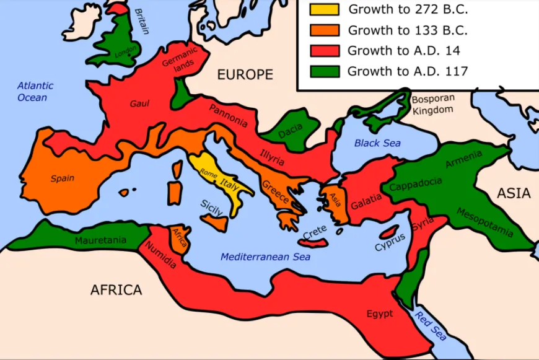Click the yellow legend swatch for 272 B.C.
(325, 9)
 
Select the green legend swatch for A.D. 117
(325, 71)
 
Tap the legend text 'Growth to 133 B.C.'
(407, 30)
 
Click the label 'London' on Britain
(126, 53)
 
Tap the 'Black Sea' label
(377, 143)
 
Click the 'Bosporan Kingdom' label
(433, 104)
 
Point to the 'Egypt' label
(379, 314)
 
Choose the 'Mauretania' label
(100, 240)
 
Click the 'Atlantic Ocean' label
(35, 92)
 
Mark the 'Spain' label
(62, 178)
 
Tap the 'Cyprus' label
(389, 242)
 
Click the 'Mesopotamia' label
(484, 222)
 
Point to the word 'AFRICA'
(116, 289)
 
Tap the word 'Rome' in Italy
(208, 175)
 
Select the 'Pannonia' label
(228, 116)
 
